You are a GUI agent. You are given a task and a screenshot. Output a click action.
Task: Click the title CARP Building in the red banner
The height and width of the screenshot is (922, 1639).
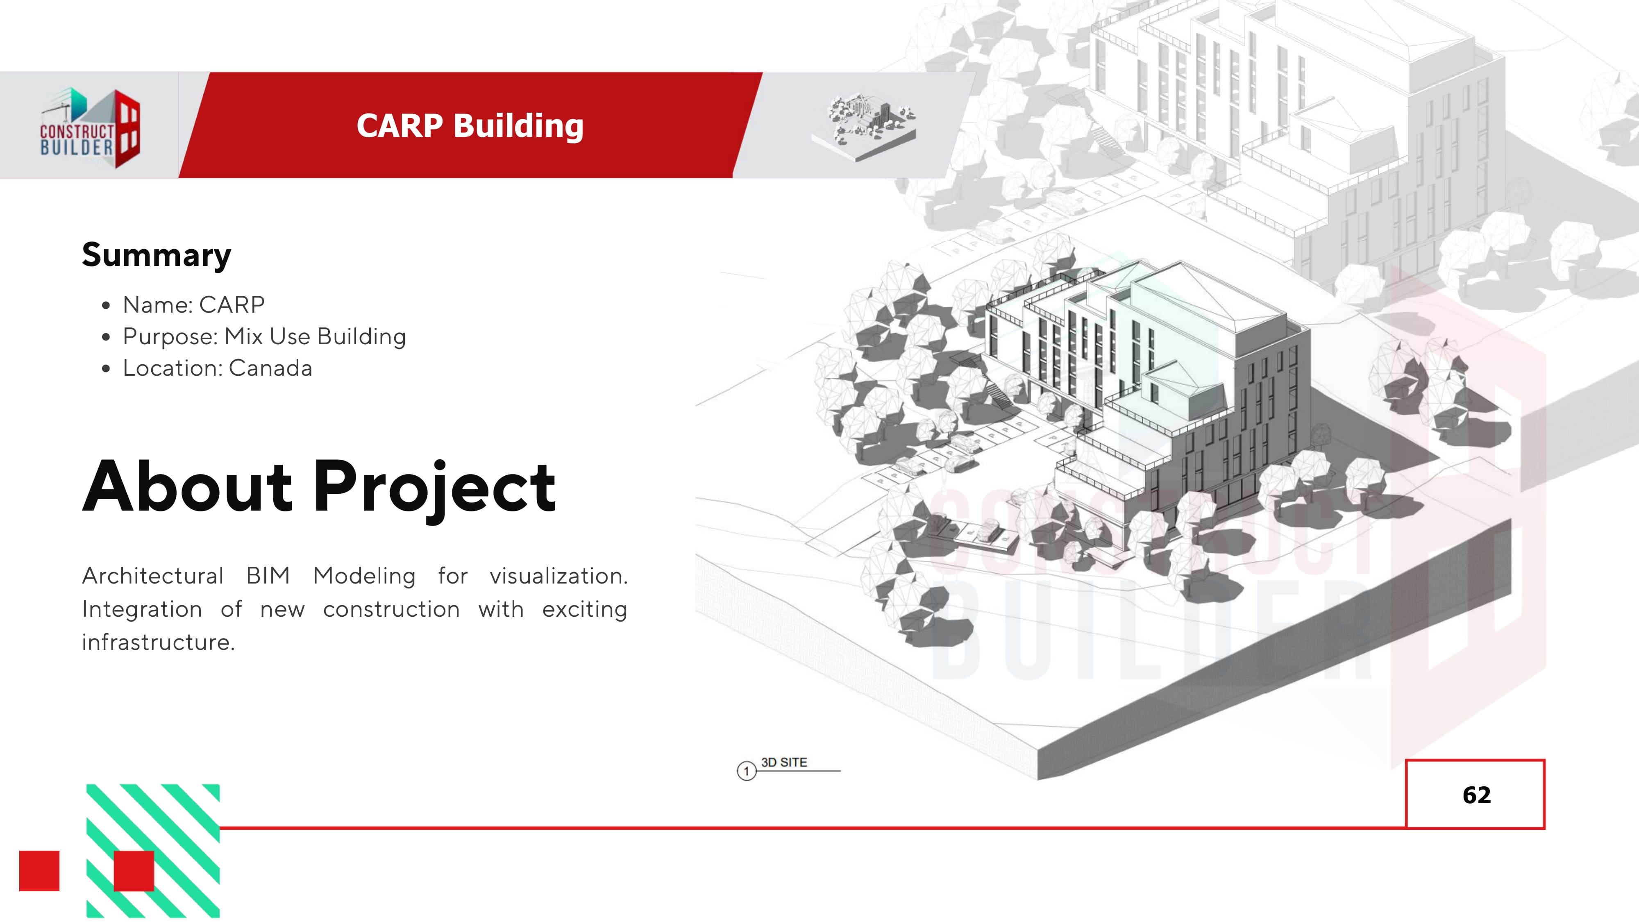pos(470,125)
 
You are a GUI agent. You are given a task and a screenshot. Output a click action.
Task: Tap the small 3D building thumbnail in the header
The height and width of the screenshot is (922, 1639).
pos(864,125)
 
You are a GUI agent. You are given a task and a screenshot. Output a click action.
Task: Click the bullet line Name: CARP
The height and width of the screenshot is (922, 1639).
pos(193,305)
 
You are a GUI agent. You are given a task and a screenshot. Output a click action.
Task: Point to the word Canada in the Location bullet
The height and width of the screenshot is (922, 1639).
pos(270,368)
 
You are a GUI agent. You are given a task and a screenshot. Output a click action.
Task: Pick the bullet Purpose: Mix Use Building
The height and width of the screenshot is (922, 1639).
pos(264,336)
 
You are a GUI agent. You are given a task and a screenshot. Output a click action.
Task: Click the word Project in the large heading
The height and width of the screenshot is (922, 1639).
pos(435,487)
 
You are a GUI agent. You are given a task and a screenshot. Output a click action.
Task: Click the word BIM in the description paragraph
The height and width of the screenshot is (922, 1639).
pos(268,576)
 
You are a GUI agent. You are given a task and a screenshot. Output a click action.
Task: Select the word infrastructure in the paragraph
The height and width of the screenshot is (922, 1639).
pos(158,642)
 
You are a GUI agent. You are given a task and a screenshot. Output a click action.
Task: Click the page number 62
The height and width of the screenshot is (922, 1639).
pos(1476,795)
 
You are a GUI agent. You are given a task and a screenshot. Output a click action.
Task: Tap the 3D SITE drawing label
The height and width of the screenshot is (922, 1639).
pos(784,762)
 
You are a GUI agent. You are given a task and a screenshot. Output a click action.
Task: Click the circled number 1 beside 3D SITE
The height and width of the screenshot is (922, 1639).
pos(746,771)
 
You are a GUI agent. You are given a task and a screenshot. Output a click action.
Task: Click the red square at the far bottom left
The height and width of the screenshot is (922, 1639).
pos(39,870)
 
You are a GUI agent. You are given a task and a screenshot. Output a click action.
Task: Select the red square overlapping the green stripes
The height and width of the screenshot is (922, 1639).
pos(134,870)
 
